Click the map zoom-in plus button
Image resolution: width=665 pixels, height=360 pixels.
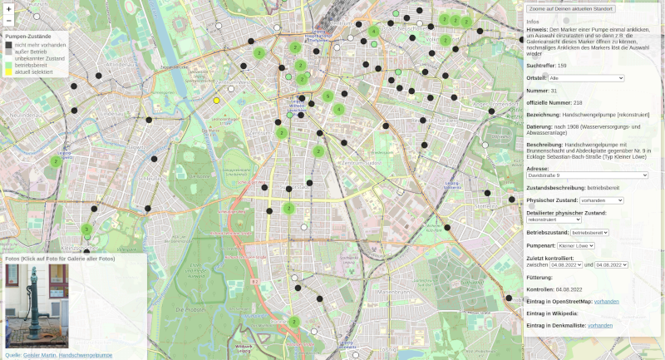(8, 8)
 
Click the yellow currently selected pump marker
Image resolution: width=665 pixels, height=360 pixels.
(217, 100)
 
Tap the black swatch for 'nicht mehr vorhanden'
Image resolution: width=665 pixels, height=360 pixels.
(9, 45)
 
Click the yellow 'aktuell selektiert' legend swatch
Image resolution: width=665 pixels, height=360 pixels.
(9, 72)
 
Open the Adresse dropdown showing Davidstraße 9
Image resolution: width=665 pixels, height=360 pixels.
(587, 175)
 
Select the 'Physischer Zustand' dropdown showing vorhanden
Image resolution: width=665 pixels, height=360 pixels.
(602, 200)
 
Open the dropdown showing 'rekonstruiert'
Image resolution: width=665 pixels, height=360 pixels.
(554, 219)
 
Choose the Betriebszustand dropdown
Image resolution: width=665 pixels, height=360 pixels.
(589, 233)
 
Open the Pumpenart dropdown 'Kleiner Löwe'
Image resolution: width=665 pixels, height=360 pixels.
(576, 246)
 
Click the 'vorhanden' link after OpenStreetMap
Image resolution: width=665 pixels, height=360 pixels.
(606, 301)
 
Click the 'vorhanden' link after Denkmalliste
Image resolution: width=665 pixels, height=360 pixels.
(599, 325)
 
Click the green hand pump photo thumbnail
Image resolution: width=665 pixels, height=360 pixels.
(37, 306)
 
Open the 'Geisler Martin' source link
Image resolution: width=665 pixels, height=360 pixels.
(40, 355)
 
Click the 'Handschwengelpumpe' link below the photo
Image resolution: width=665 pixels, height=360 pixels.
(85, 355)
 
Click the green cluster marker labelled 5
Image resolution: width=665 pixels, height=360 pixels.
(328, 96)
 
